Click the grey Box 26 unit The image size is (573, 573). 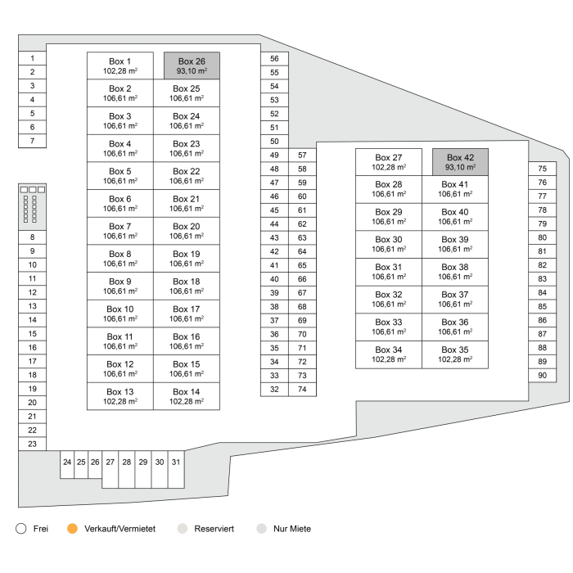point(192,65)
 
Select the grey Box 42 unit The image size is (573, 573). point(460,161)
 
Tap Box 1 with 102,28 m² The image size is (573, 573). point(120,65)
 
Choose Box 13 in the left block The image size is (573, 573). point(120,396)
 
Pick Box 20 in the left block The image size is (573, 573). point(187,231)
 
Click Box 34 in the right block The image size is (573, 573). point(389,354)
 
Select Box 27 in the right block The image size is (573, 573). point(389,161)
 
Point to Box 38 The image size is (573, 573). point(455,272)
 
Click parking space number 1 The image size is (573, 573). point(32,58)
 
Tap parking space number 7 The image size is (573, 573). point(32,141)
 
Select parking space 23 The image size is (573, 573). point(32,444)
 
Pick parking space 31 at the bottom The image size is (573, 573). point(176,462)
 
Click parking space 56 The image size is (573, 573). point(274,58)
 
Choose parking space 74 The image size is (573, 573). point(302,389)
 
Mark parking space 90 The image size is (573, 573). point(542,375)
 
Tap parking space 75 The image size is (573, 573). point(542,169)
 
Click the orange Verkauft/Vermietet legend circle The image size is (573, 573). point(72,529)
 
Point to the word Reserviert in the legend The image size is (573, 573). point(214,529)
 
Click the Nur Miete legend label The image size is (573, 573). point(292,529)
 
